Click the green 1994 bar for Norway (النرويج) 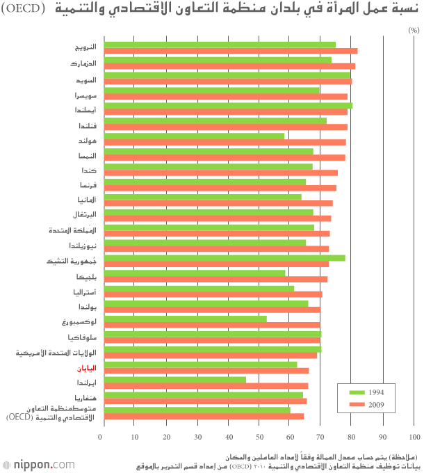click(219, 45)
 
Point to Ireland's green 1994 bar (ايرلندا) click(174, 380)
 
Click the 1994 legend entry click(365, 392)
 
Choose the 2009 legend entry click(365, 404)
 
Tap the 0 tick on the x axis click(101, 437)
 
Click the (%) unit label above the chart click(413, 31)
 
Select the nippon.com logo click(39, 464)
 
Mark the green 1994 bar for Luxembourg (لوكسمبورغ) click(185, 319)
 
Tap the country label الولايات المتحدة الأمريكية click(60, 353)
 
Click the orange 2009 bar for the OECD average click(204, 417)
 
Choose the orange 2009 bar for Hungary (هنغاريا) click(205, 401)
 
